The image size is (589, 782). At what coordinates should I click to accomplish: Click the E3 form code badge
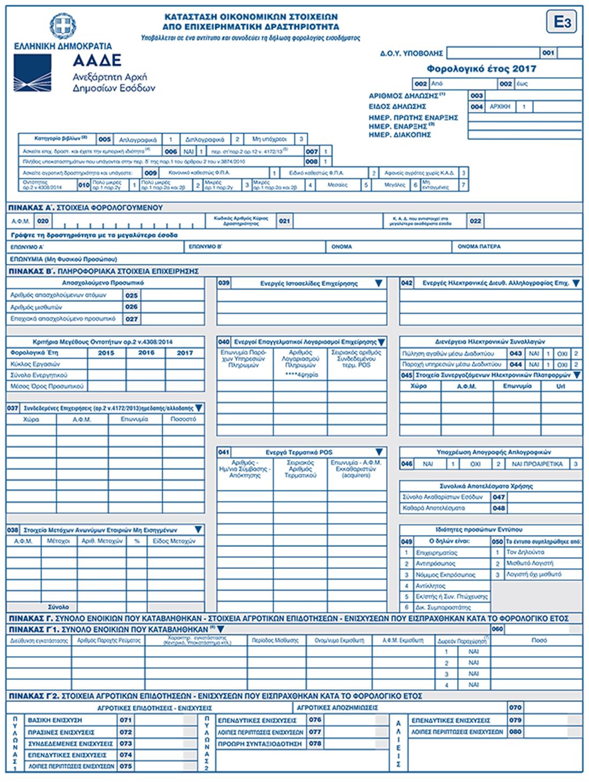pos(562,22)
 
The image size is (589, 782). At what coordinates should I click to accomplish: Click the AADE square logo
pos(33,73)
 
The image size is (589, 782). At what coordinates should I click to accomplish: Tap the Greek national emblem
pos(63,26)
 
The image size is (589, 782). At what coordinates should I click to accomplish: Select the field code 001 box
pos(548,53)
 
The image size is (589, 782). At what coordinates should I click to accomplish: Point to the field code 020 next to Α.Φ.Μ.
pos(43,221)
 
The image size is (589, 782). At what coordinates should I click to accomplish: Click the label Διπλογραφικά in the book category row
pos(205,139)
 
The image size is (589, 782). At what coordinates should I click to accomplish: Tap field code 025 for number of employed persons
pos(131,295)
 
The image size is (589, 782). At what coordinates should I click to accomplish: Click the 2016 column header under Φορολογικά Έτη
pos(146,353)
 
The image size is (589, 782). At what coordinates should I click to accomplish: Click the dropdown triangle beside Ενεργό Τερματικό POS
pos(379,452)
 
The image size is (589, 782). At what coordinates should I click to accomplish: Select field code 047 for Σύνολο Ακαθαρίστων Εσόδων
pos(499,497)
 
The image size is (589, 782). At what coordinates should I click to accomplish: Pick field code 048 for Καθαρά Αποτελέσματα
pos(499,508)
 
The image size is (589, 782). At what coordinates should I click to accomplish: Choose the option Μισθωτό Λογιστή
pos(530,564)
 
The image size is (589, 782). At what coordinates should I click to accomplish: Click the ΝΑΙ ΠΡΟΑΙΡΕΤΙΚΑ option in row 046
pos(537,464)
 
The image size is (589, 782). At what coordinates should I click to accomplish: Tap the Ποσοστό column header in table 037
pos(183,420)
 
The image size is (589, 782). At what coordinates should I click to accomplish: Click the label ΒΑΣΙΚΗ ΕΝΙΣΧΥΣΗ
pos(55,720)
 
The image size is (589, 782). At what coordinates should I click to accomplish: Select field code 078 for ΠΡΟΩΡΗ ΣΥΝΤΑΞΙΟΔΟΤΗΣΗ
pos(315,743)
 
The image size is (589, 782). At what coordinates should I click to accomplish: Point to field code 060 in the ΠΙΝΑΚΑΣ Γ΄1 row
pos(497,629)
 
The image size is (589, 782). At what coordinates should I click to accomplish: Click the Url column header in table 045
pos(561,386)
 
